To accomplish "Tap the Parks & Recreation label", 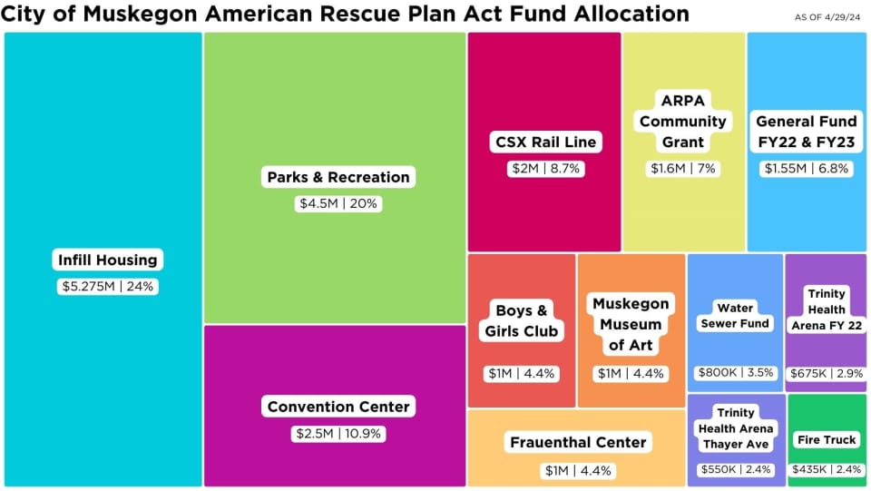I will [x=338, y=177].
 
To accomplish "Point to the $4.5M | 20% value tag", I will [x=338, y=204].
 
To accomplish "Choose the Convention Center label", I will [x=338, y=407].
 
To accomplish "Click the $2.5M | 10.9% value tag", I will [x=338, y=434].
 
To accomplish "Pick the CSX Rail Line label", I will [x=544, y=142].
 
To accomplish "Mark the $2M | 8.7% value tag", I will [x=544, y=169].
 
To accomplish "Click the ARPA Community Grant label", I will [x=683, y=121].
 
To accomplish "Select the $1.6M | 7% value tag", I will [x=683, y=169].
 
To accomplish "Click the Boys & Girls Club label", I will [x=522, y=320].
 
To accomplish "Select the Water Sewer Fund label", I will [x=735, y=316].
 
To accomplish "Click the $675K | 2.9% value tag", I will [x=826, y=373].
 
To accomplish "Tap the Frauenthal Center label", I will [x=577, y=442].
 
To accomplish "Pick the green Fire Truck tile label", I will [x=826, y=439].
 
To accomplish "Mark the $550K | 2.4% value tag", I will [x=735, y=470].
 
